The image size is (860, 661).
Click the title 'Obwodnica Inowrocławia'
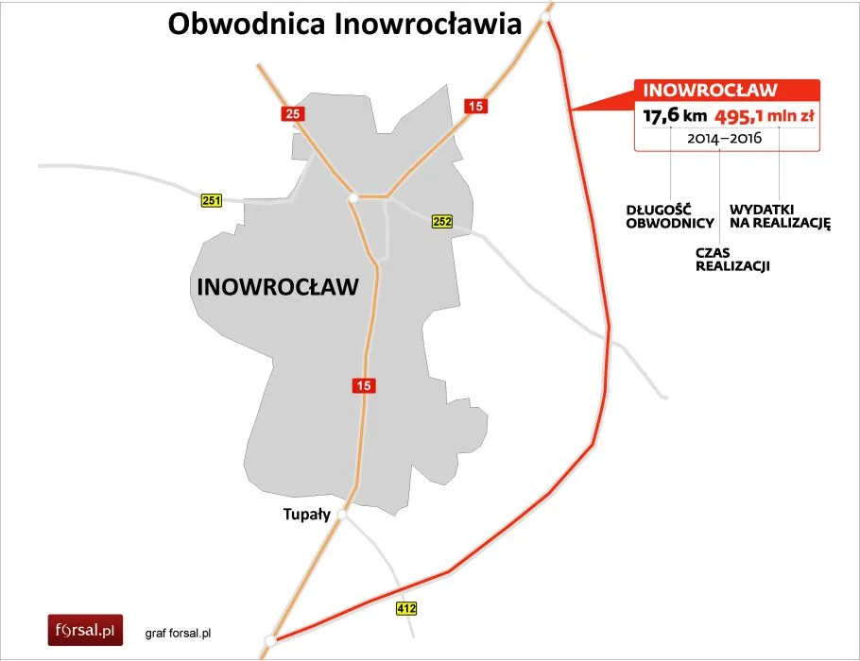345,24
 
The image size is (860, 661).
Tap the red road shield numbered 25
292,114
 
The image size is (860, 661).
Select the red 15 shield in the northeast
475,107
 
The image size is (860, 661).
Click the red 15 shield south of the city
363,385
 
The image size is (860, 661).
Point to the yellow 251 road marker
211,200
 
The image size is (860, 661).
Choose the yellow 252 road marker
441,221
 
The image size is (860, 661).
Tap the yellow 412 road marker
406,609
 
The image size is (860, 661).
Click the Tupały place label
307,515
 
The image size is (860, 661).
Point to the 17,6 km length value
673,117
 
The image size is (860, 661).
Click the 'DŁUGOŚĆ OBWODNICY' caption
670,216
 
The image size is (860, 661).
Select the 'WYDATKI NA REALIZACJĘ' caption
779,216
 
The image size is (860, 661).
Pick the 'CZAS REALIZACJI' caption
732,260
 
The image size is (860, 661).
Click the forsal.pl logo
85,629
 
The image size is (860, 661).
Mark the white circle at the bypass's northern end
545,17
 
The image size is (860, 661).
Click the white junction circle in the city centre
353,197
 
